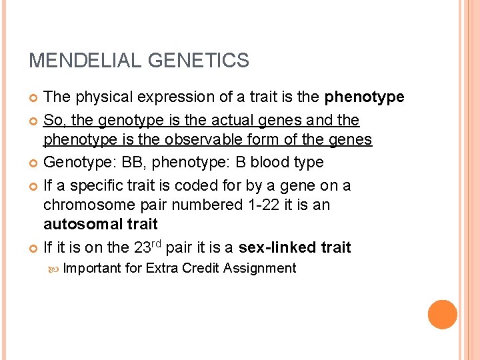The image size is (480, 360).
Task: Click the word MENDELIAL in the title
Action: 85,61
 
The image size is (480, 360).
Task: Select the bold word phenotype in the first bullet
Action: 365,97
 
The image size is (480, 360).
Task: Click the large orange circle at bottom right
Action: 443,315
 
